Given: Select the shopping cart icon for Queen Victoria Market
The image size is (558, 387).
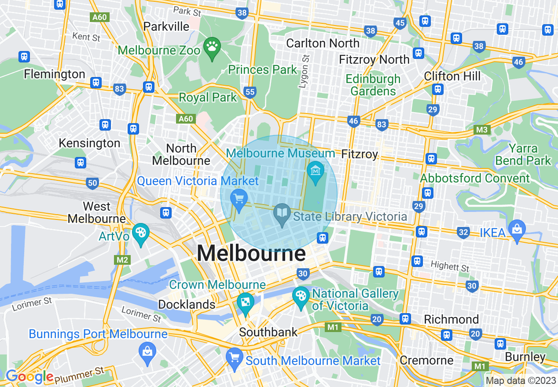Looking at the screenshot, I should pos(239,199).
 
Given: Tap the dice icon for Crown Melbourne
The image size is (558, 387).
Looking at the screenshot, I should pos(245,301).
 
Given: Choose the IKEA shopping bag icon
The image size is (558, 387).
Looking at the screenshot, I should pos(517,228).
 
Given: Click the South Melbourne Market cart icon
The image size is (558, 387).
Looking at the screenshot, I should pos(234,356).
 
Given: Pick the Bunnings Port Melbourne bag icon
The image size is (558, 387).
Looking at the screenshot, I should pos(147,351).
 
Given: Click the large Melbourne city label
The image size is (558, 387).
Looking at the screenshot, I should pos(251,254).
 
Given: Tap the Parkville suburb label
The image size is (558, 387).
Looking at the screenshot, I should pos(166,26).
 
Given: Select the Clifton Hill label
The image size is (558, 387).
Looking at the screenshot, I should pos(452,76).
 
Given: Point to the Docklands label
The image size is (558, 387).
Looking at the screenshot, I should pos(187,304).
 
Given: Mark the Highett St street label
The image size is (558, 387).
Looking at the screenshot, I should pos(450,266).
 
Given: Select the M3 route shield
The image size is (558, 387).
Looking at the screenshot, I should pos(482,130).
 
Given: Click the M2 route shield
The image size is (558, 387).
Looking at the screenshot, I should pos(122,260).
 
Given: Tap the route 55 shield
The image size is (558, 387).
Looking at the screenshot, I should pos(250,92).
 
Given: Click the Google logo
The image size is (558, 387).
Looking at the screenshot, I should pos(29,376).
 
